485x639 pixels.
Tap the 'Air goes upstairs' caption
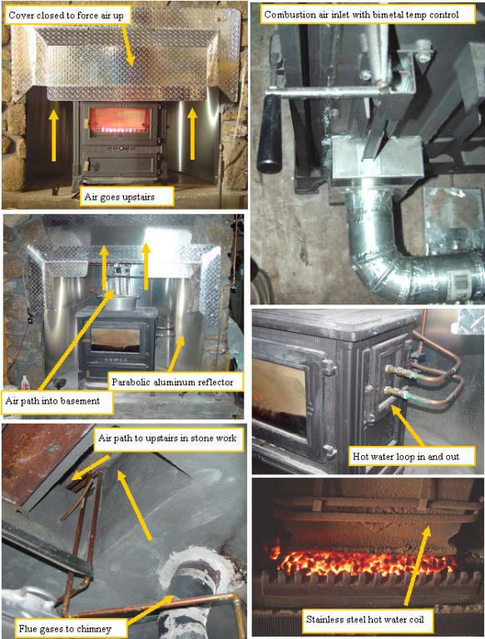point(120,197)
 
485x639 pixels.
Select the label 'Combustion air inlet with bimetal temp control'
point(362,15)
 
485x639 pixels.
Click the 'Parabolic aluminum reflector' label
point(172,382)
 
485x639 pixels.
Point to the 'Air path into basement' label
point(52,400)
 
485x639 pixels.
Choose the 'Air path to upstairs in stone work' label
point(167,438)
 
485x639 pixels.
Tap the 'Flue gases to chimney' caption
point(65,629)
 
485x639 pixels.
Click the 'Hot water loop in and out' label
point(406,457)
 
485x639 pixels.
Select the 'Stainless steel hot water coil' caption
point(364,620)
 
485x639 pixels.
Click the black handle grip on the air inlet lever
point(270,136)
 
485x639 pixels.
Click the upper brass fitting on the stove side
point(396,372)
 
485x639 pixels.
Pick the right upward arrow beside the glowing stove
point(192,134)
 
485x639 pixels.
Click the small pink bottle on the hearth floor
point(25,382)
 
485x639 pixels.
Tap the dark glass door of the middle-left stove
point(116,339)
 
